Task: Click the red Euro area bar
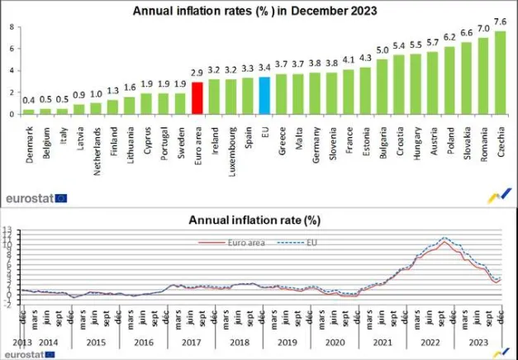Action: (197, 97)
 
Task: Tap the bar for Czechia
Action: (501, 73)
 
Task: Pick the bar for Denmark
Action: (28, 111)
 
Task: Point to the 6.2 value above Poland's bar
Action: (449, 37)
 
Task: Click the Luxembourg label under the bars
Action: (232, 147)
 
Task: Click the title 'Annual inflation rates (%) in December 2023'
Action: (256, 11)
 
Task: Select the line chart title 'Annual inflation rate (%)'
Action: (254, 220)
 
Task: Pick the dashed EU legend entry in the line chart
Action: (295, 242)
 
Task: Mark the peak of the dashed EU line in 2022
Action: (445, 238)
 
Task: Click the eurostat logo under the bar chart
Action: (37, 198)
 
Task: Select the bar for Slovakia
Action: (467, 78)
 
